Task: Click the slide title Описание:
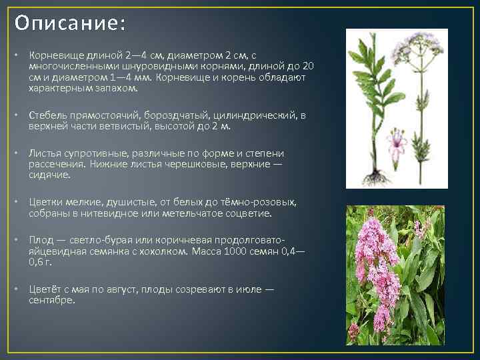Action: point(69,23)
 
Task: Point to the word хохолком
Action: point(164,252)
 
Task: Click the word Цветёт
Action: point(47,289)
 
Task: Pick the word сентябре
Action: point(53,300)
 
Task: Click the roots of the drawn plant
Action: point(375,177)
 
